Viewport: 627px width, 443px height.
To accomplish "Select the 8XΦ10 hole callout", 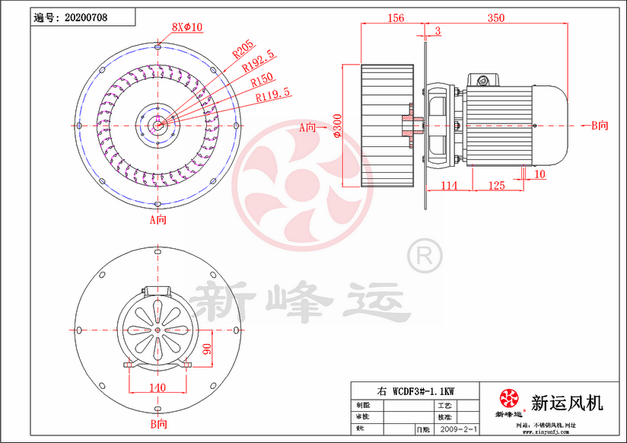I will [x=187, y=27].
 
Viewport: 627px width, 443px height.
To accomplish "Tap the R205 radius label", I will [x=243, y=49].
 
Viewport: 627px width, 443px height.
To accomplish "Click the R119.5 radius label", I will [x=272, y=96].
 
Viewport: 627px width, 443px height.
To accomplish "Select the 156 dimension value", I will [x=395, y=18].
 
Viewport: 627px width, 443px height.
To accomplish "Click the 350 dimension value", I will [x=496, y=18].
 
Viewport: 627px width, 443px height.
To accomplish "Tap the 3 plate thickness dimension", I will [x=438, y=30].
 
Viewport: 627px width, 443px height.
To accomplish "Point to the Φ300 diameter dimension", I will [x=338, y=127].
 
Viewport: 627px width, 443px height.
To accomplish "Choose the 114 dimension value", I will [x=448, y=185].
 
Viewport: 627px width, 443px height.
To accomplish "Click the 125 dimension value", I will [x=496, y=185].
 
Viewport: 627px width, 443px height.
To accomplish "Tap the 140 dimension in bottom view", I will [x=157, y=387].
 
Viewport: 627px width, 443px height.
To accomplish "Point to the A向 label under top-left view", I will [x=158, y=219].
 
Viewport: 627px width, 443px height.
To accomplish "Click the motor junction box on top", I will [x=482, y=79].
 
